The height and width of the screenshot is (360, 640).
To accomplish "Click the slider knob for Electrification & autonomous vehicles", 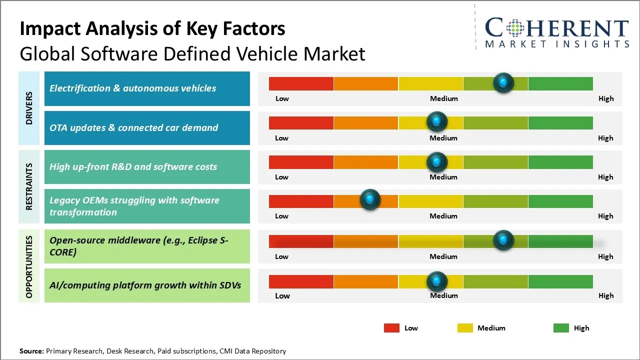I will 503,82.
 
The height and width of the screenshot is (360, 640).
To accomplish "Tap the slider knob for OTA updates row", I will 437,121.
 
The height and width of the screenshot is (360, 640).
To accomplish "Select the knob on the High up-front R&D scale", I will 437,161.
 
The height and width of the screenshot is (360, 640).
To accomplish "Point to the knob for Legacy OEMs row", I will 370,200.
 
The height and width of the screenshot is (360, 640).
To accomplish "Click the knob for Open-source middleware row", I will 503,240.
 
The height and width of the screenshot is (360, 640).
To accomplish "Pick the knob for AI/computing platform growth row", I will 437,281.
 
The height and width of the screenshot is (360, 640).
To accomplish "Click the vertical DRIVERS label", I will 29,108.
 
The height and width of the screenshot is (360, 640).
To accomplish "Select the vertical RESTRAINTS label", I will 29,186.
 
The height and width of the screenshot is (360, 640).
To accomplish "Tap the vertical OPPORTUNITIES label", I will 29,266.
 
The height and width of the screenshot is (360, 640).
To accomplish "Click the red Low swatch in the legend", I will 391,328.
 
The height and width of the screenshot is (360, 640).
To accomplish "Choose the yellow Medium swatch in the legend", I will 465,328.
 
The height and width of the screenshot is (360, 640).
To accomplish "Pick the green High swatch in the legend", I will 561,328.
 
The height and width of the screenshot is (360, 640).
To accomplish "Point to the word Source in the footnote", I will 31,351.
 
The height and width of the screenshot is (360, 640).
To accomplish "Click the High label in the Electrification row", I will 606,98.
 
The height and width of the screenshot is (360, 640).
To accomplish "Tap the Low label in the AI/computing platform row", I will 282,295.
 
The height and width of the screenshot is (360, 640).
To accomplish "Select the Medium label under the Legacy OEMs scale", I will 443,216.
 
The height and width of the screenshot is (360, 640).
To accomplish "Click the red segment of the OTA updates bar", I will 301,122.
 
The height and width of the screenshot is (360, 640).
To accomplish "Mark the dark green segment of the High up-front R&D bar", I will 560,162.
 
